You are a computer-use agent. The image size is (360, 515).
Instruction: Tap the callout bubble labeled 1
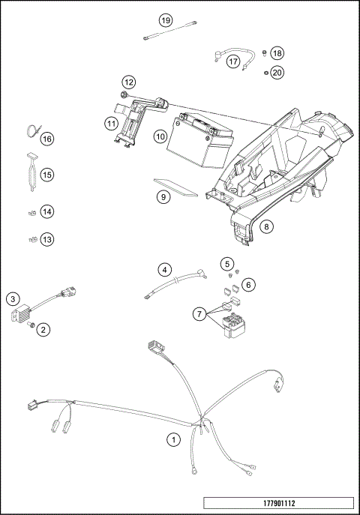174,440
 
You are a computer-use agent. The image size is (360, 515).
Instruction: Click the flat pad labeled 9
176,187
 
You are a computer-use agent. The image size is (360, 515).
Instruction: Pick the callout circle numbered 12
129,81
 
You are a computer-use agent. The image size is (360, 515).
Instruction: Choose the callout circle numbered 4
165,269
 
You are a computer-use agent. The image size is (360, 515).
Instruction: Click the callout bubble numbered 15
47,175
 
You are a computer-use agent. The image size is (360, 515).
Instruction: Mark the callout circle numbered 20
277,73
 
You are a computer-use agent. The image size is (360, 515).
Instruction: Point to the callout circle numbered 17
233,61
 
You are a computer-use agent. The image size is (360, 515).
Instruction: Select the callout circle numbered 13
47,239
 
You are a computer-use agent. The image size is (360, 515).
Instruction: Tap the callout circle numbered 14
47,212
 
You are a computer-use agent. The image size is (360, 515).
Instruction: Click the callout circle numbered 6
248,284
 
